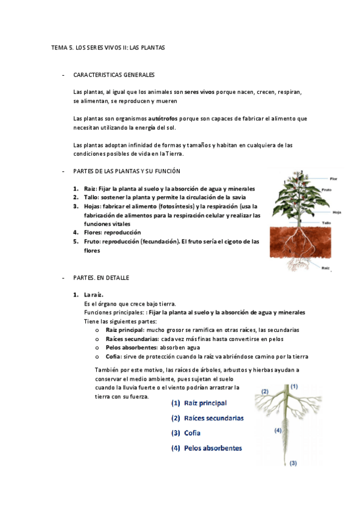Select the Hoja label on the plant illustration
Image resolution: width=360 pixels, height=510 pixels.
pyautogui.click(x=337, y=212)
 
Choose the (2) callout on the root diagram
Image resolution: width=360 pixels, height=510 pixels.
pyautogui.click(x=264, y=392)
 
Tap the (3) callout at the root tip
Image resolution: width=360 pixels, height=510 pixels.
pyautogui.click(x=293, y=463)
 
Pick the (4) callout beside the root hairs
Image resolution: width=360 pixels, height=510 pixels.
pyautogui.click(x=278, y=430)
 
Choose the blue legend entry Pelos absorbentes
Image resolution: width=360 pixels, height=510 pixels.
pyautogui.click(x=206, y=447)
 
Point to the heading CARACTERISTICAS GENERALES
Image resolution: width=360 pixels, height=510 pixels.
pyautogui.click(x=114, y=75)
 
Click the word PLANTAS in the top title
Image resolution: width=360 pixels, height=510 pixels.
pyautogui.click(x=151, y=46)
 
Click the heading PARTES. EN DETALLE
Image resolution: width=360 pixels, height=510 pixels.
pyautogui.click(x=101, y=278)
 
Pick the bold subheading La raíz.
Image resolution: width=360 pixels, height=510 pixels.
pyautogui.click(x=94, y=295)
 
